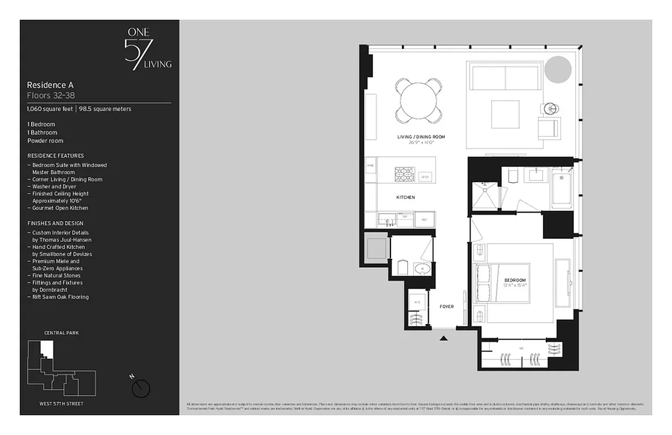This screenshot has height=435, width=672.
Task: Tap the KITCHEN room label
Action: coord(405,197)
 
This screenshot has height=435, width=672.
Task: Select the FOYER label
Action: coord(446,307)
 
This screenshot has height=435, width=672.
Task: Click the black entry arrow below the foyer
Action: coord(444,338)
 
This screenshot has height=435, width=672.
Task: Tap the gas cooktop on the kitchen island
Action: coord(404,174)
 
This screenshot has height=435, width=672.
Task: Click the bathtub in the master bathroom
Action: coord(562,188)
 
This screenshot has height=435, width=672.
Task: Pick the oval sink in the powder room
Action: coord(422,269)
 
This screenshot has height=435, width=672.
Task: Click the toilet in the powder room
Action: coord(403,268)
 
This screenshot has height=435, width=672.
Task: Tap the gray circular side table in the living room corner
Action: coord(558,70)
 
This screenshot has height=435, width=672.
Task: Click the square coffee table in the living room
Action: coord(506,113)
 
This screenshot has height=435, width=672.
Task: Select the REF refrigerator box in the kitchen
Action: coord(425,220)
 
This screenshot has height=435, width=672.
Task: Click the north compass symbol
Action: coord(141,388)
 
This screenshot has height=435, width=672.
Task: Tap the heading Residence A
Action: coord(50,85)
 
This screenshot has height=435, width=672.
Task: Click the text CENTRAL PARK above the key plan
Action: coord(61,333)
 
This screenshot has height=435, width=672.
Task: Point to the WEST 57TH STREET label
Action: coord(61,404)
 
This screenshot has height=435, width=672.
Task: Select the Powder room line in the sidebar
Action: coord(45,141)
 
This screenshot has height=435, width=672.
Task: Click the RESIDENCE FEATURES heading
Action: coord(55,156)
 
